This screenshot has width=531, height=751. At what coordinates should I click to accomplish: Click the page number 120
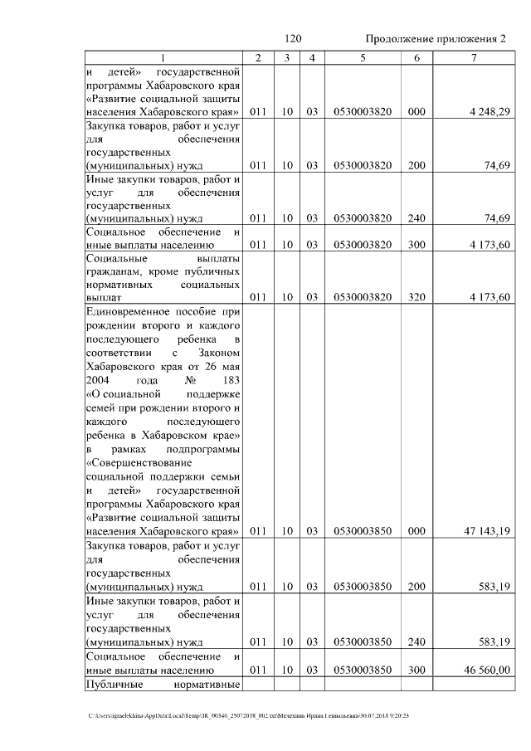(x=291, y=39)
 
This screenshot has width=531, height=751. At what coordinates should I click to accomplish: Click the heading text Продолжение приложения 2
(x=435, y=39)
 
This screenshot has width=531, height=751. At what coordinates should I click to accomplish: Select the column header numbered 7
(x=474, y=57)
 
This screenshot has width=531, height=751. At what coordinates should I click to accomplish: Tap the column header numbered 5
(x=362, y=57)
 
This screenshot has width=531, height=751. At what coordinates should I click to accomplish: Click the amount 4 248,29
(x=488, y=111)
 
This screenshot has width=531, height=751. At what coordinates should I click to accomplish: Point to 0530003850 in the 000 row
(x=362, y=531)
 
